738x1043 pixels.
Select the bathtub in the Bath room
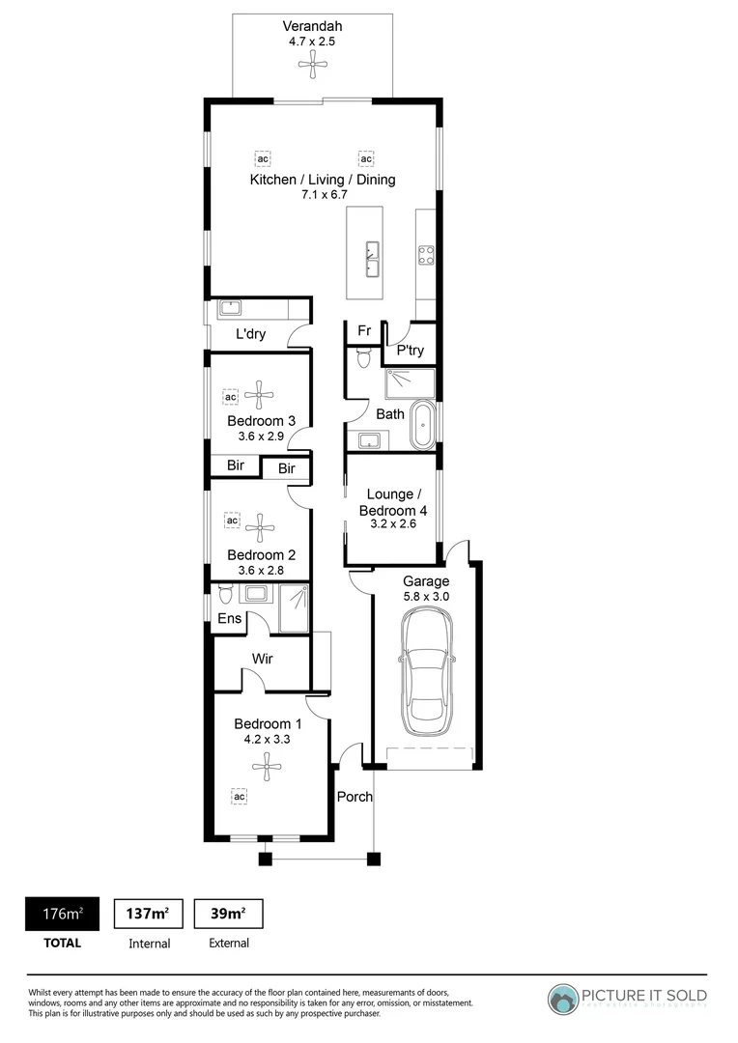tap(423, 427)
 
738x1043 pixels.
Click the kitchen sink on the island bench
tap(370, 259)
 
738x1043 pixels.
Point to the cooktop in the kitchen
tap(425, 255)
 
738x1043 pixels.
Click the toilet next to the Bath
tap(363, 358)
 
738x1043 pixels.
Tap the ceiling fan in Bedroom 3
tap(258, 392)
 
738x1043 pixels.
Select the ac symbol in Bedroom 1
tap(238, 796)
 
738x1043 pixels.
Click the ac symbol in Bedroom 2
tap(232, 521)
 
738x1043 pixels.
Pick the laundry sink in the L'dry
tap(231, 309)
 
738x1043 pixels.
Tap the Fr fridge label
tap(364, 331)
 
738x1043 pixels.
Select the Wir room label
tap(262, 660)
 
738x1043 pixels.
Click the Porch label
tap(355, 797)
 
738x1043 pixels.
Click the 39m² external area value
tap(228, 914)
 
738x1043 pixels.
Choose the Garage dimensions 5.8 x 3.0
tap(426, 597)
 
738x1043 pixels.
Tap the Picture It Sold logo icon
tap(563, 999)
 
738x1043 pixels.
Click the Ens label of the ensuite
tap(229, 619)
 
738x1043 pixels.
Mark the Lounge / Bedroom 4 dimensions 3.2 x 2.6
tap(392, 525)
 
